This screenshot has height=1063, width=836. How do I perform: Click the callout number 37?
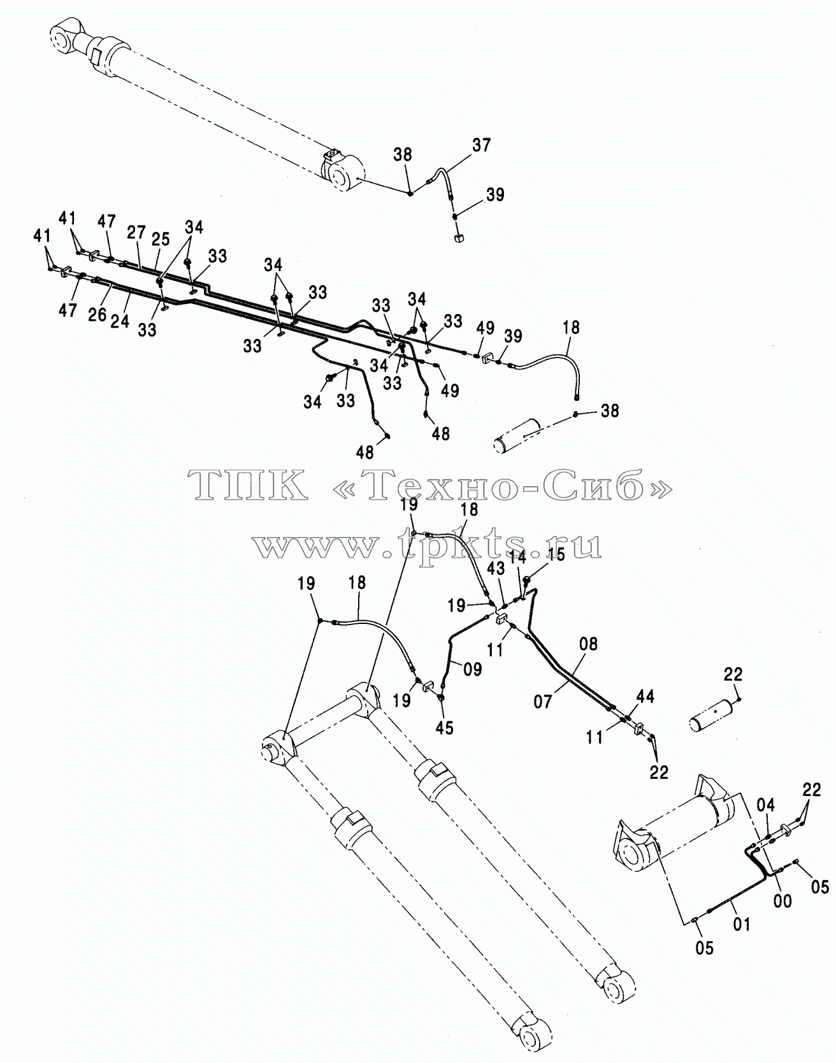tap(482, 145)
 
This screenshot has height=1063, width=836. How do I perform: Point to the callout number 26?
tap(97, 314)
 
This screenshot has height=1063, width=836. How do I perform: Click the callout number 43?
tap(496, 567)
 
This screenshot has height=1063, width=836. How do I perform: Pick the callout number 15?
tap(556, 554)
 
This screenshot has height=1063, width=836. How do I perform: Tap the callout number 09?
tap(472, 670)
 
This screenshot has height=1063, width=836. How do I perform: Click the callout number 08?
tap(588, 644)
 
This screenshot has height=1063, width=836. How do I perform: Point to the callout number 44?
tap(645, 697)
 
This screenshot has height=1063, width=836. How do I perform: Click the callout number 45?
tap(444, 728)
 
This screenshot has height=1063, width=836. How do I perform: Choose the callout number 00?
tap(782, 900)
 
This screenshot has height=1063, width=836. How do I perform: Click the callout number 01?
tap(742, 923)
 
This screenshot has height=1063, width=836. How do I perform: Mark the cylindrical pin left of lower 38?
tap(522, 436)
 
